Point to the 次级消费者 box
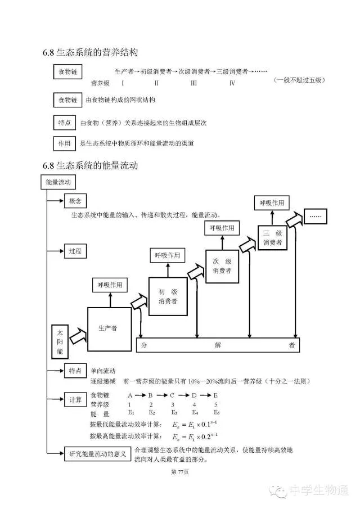222,267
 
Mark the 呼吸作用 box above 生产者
110,285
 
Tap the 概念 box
75,201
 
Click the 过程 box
75,250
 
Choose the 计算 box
75,400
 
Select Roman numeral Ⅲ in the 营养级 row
193,83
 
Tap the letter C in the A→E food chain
172,395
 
